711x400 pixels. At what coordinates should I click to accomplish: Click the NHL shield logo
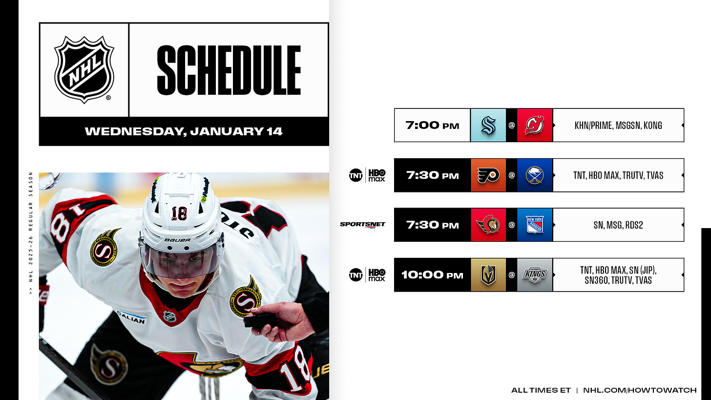(x=84, y=69)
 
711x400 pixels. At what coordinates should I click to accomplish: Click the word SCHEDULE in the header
(x=229, y=70)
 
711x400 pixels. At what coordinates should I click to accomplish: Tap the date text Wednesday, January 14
(x=184, y=131)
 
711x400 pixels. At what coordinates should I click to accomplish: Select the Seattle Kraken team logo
(x=488, y=126)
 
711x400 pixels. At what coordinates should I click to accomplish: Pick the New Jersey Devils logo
(x=535, y=126)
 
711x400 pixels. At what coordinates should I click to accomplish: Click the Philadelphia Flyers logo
(x=488, y=175)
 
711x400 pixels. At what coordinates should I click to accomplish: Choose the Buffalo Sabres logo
(x=535, y=175)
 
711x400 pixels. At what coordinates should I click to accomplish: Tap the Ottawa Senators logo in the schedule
(x=488, y=225)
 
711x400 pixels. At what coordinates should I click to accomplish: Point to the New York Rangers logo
(x=535, y=225)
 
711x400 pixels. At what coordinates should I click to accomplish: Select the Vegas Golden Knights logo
(x=488, y=275)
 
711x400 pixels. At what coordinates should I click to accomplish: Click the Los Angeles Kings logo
(x=535, y=275)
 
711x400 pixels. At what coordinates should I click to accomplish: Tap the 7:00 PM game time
(x=432, y=126)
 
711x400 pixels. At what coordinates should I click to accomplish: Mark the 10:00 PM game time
(x=432, y=275)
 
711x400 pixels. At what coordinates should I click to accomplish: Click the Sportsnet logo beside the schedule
(x=363, y=225)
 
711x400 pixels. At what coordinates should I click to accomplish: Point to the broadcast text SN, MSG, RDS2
(x=618, y=225)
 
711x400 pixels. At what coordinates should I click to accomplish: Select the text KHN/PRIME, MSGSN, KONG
(x=618, y=126)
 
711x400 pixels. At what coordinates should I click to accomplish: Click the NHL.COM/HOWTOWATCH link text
(x=640, y=390)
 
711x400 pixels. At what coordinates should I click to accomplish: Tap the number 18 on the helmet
(x=179, y=213)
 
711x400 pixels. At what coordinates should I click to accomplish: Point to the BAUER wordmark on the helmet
(x=177, y=240)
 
